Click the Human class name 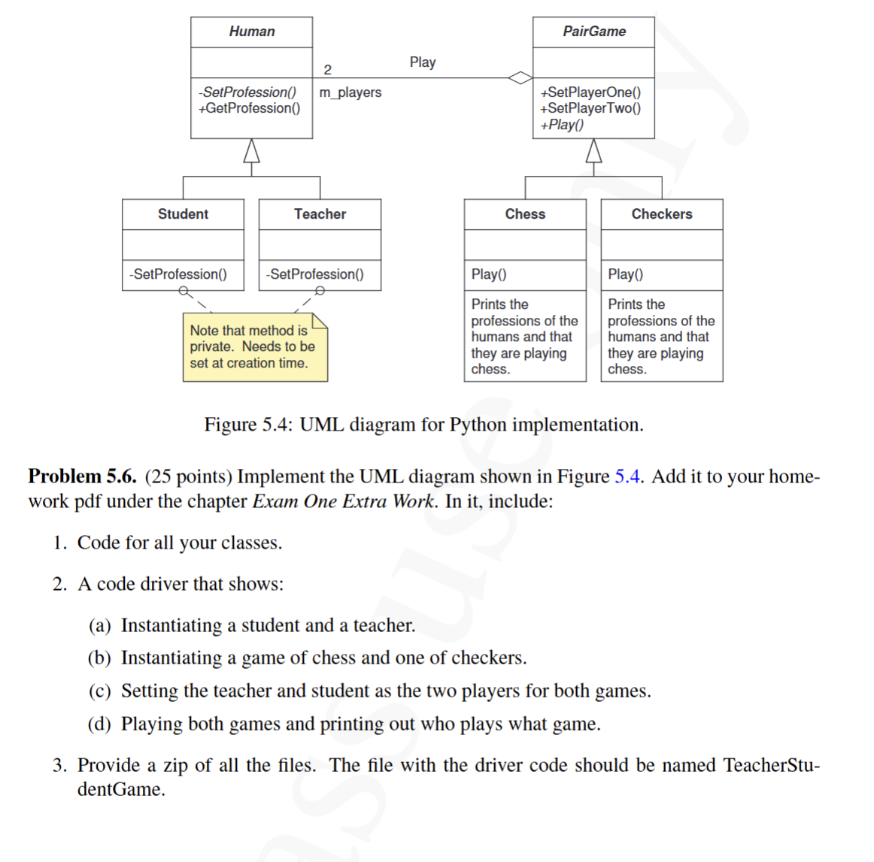[251, 32]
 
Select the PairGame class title [593, 32]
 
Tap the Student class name [183, 214]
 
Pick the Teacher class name [320, 214]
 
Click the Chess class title [525, 214]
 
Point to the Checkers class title [661, 214]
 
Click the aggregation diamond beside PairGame [520, 77]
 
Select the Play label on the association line [422, 62]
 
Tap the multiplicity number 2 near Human [327, 70]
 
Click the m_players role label [350, 92]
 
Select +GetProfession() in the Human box [249, 108]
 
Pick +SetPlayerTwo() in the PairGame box [590, 108]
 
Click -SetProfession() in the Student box [178, 274]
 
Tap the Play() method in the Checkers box [625, 274]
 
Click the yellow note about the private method [254, 347]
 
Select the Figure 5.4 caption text [423, 425]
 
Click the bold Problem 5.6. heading [82, 476]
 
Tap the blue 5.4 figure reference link [627, 476]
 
